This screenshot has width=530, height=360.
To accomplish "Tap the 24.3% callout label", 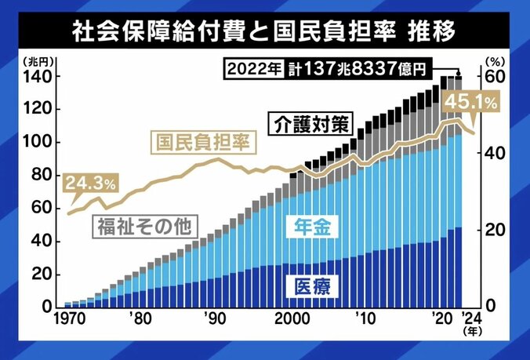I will (90, 184).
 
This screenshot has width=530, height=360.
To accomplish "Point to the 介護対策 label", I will (310, 124).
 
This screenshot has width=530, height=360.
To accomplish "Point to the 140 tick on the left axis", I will (42, 77).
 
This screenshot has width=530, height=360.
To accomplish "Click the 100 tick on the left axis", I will (42, 143).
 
